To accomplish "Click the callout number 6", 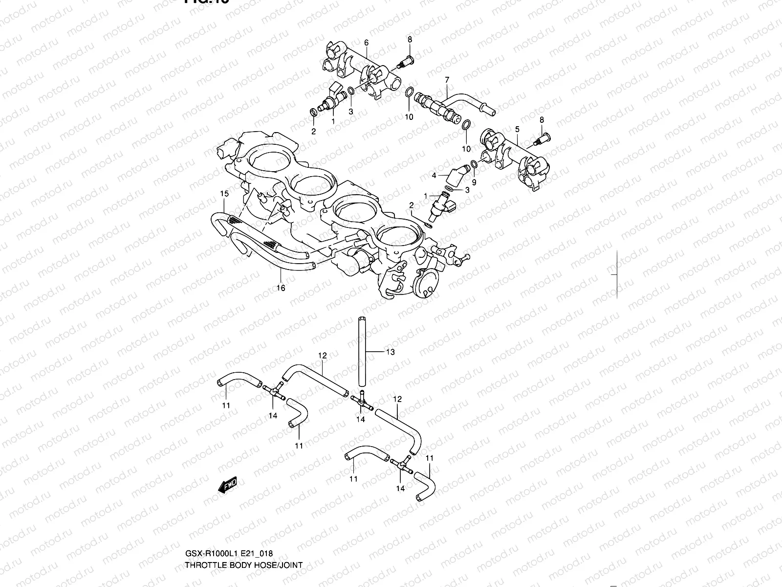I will pyautogui.click(x=366, y=43).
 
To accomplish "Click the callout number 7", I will pyautogui.click(x=447, y=79).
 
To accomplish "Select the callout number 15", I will pyautogui.click(x=224, y=194).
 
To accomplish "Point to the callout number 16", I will pyautogui.click(x=281, y=288).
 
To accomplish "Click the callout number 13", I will pyautogui.click(x=390, y=352).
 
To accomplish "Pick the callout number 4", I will pyautogui.click(x=434, y=175).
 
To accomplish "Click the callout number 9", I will pyautogui.click(x=474, y=182).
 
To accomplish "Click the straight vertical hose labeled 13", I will pyautogui.click(x=362, y=352).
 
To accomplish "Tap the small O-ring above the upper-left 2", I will pyautogui.click(x=313, y=112).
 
